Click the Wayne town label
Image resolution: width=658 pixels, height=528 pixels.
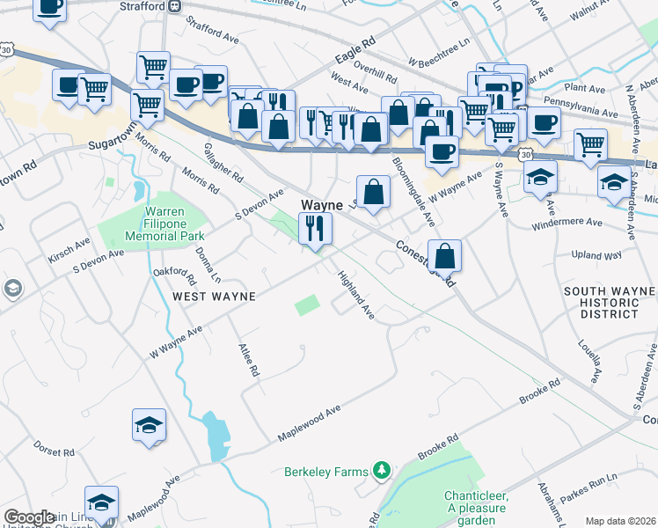click(x=322, y=204)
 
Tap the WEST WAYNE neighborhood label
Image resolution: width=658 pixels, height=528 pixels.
click(x=214, y=297)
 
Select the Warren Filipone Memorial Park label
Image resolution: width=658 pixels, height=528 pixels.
click(x=151, y=224)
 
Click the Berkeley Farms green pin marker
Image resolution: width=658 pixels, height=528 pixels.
click(x=381, y=472)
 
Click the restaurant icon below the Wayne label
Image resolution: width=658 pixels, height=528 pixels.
click(x=315, y=230)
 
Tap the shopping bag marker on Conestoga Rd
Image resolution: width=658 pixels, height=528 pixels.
click(x=446, y=256)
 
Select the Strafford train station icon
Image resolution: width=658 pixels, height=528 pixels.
click(x=175, y=6)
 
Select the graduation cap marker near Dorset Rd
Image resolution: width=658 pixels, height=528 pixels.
click(x=149, y=426)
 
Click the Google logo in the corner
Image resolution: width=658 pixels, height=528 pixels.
click(x=29, y=517)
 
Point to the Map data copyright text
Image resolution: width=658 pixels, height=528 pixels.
click(x=620, y=521)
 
